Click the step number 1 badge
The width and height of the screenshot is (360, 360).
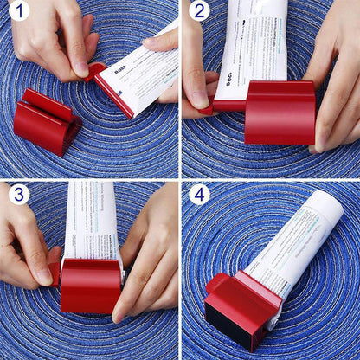18,12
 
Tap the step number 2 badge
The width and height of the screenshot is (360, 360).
199,12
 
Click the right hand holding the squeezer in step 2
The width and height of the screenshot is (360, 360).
333,87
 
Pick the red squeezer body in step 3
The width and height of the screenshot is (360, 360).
91,286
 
